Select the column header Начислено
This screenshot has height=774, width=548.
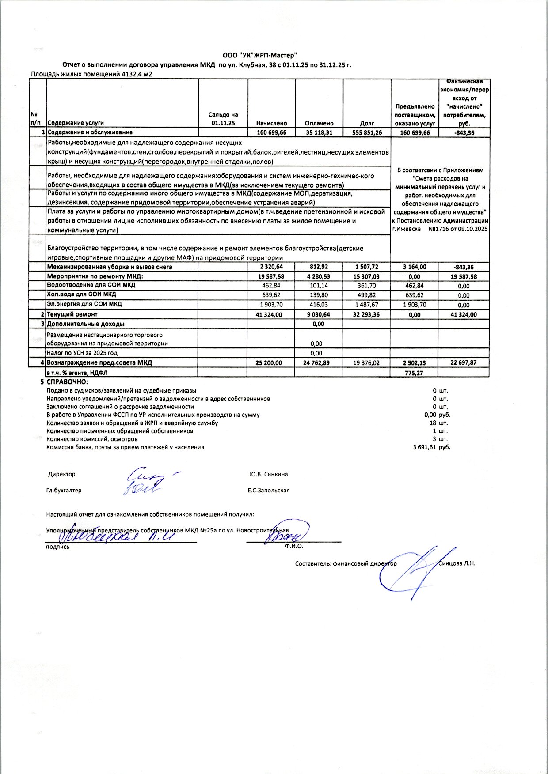click(x=271, y=123)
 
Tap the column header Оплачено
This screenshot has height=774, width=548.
click(x=319, y=123)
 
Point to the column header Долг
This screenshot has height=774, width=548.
click(x=367, y=123)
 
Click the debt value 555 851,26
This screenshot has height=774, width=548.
click(x=367, y=132)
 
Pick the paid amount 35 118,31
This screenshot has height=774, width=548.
click(x=319, y=132)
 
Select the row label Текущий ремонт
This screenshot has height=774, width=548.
click(x=72, y=314)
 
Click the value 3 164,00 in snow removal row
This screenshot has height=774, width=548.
click(x=414, y=267)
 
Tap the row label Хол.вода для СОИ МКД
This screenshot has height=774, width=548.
click(x=81, y=294)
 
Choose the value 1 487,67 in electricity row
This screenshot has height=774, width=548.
click(x=366, y=305)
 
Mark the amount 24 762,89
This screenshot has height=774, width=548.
click(x=319, y=363)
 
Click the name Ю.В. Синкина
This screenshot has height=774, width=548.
click(x=268, y=474)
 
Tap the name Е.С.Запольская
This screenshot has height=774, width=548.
click(x=269, y=490)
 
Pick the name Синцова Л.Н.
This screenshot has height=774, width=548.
click(x=457, y=563)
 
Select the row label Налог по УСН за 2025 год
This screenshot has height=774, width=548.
click(x=82, y=353)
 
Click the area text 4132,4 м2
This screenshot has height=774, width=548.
click(x=136, y=74)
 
